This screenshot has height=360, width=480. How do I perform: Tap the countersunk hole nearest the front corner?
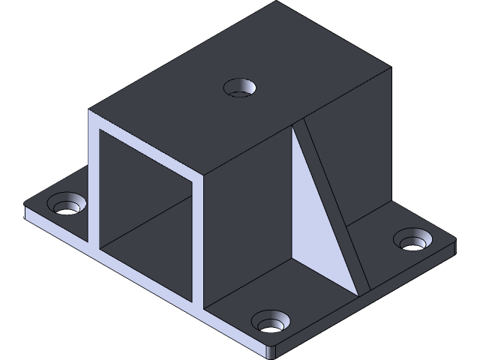pos(271,323)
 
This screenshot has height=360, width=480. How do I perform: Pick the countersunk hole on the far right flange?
pos(412,241)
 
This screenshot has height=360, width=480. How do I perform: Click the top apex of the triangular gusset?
pos(294,126)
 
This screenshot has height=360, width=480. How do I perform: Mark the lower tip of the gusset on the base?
pos(358,291)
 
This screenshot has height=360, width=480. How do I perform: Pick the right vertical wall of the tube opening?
pos(199,240)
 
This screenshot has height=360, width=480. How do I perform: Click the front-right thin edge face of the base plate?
pos(367,300)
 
